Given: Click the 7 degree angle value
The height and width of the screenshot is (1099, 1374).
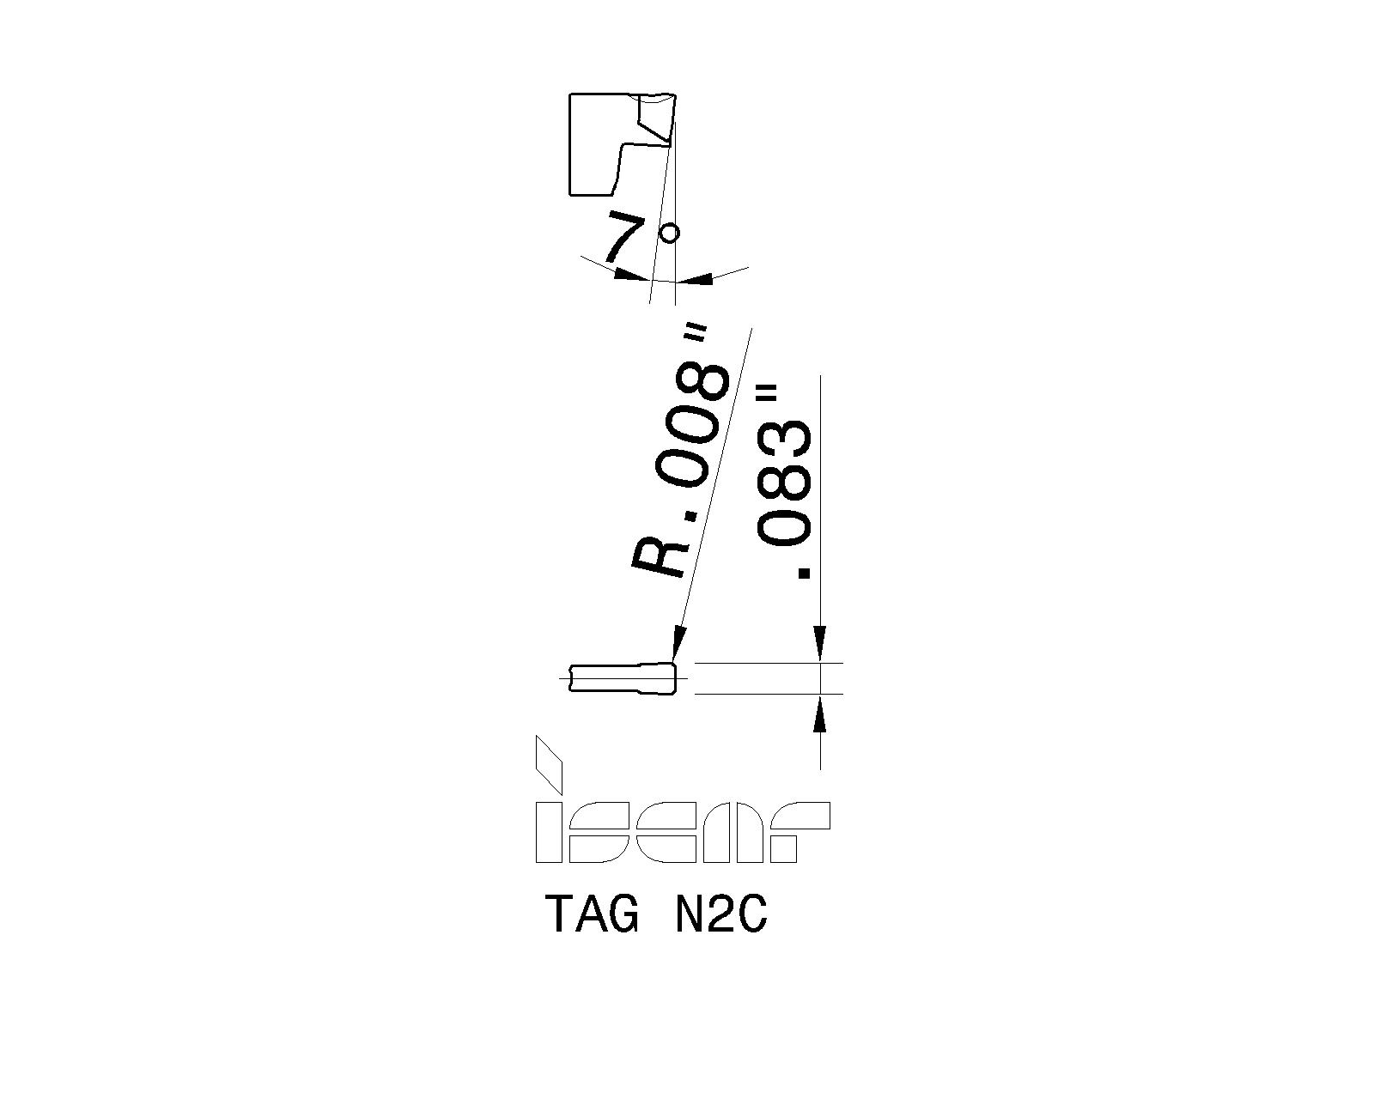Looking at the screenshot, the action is click(x=625, y=235).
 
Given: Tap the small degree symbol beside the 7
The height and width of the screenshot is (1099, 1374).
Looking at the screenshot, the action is click(x=669, y=233).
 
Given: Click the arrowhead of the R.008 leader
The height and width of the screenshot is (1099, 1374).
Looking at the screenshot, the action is click(x=678, y=645).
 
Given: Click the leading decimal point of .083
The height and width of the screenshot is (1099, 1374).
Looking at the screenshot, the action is click(x=805, y=573).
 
